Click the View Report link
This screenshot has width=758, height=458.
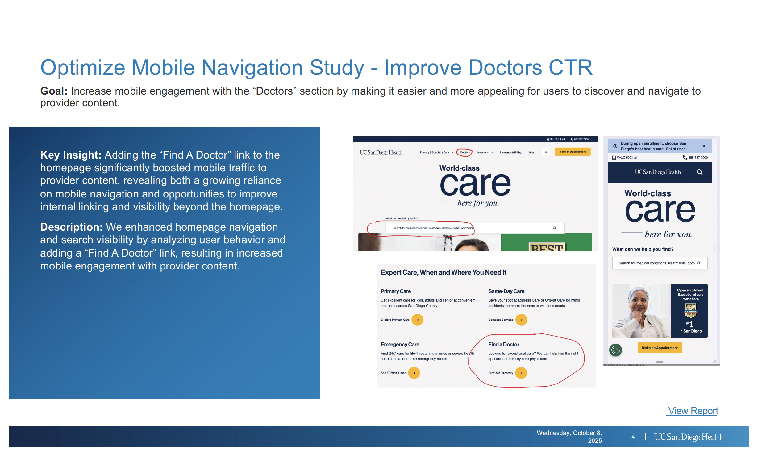[x=693, y=411]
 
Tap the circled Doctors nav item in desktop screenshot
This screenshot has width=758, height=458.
[x=464, y=152]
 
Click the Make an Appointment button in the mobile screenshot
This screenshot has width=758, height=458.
[x=660, y=348]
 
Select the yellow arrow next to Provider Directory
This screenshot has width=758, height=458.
[x=521, y=373]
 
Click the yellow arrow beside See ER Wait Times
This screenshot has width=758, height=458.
[x=414, y=373]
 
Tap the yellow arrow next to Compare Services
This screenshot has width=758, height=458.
[x=521, y=320]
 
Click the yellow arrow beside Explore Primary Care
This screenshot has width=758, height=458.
[x=417, y=320]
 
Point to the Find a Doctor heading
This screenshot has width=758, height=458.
[x=503, y=344]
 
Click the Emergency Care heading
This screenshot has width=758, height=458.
[x=400, y=344]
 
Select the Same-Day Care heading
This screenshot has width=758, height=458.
[x=506, y=291]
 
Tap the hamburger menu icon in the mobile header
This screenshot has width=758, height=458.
[x=616, y=172]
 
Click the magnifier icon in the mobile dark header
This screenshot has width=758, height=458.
[x=699, y=172]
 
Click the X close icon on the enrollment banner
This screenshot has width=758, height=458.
[x=704, y=146]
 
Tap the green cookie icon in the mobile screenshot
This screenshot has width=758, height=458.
[x=615, y=350]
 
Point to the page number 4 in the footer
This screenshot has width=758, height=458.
[x=633, y=437]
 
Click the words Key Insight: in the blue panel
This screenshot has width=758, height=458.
[x=71, y=155]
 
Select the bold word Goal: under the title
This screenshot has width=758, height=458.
[x=54, y=91]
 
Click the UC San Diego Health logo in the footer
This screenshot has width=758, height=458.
[x=689, y=437]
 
